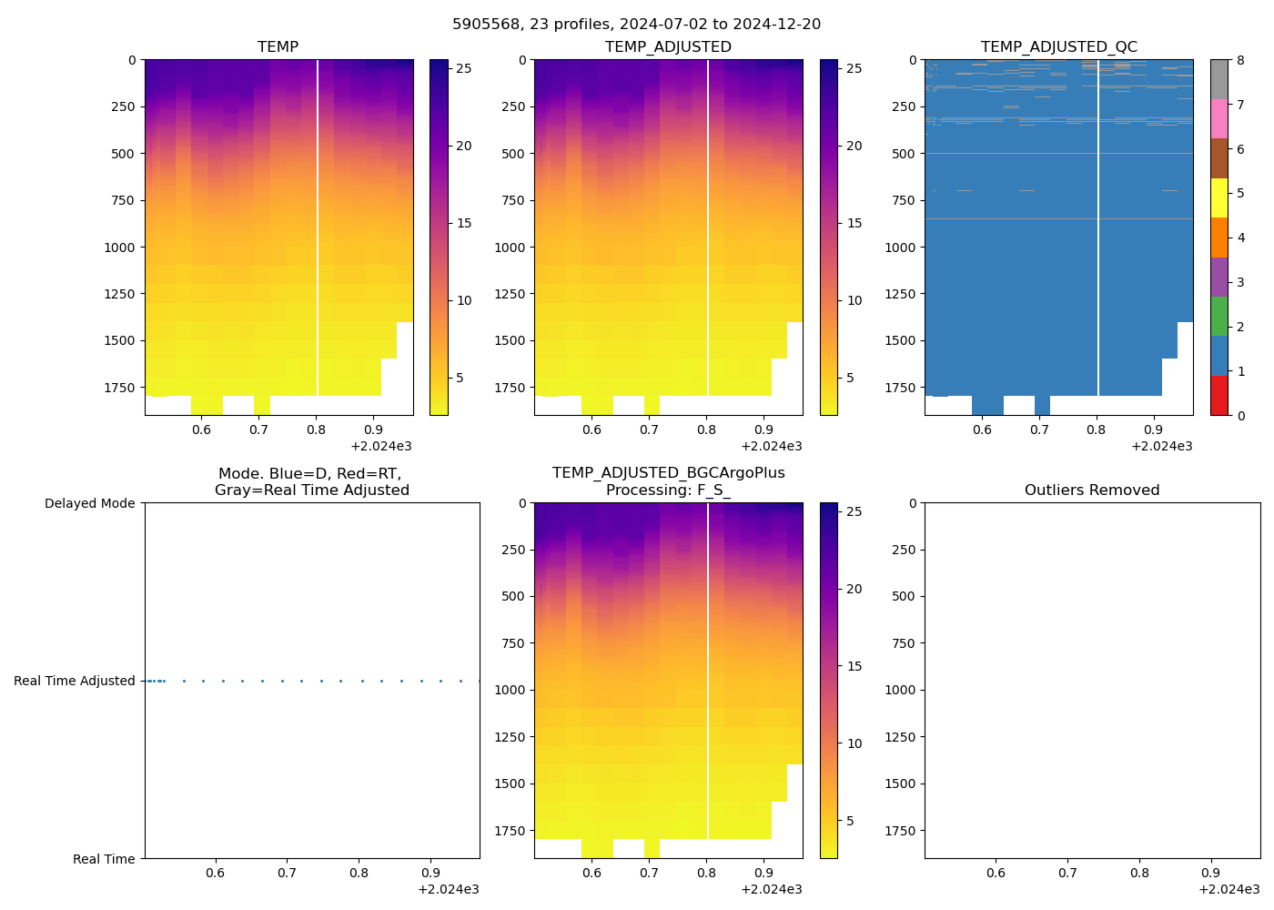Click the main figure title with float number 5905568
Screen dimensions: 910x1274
pyautogui.click(x=636, y=25)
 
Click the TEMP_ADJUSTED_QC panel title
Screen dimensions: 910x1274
pyautogui.click(x=1058, y=47)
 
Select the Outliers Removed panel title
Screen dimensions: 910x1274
pyautogui.click(x=1092, y=490)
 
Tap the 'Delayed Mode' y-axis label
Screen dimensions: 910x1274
pyautogui.click(x=89, y=503)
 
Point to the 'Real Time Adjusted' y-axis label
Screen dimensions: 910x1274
pyautogui.click(x=75, y=681)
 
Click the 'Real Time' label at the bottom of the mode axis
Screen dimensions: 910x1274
pyautogui.click(x=104, y=859)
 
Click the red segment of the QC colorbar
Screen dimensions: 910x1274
pyautogui.click(x=1219, y=396)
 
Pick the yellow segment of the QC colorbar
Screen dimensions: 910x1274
pyautogui.click(x=1219, y=198)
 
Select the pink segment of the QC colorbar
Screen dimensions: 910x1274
pyautogui.click(x=1219, y=119)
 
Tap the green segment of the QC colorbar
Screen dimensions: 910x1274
pyautogui.click(x=1219, y=317)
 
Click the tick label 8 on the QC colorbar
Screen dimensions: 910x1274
pyautogui.click(x=1240, y=61)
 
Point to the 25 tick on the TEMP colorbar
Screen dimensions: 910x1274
pyautogui.click(x=462, y=68)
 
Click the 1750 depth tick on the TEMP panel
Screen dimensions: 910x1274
pyautogui.click(x=120, y=388)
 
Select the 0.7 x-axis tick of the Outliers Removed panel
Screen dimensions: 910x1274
pyautogui.click(x=1067, y=874)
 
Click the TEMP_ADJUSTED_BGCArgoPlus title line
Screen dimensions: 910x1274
pyautogui.click(x=668, y=473)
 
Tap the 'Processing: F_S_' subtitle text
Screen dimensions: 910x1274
pyautogui.click(x=668, y=490)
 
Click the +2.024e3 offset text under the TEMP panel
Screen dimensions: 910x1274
pyautogui.click(x=381, y=446)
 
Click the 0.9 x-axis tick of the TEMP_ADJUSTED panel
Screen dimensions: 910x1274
pyautogui.click(x=763, y=430)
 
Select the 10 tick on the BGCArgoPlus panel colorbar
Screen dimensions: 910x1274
pyautogui.click(x=854, y=743)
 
